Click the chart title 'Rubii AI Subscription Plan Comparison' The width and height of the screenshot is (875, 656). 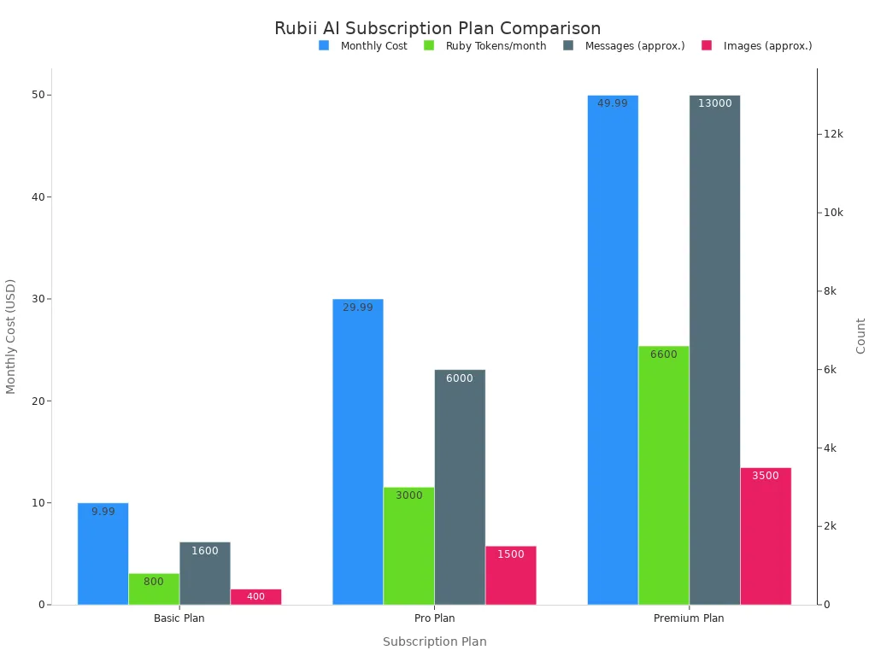click(x=437, y=28)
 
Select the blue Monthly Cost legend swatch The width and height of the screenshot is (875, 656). click(x=324, y=45)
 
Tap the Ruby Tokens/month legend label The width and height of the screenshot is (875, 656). click(x=496, y=46)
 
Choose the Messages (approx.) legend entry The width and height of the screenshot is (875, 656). click(x=624, y=46)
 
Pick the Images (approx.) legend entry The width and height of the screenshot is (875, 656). click(x=757, y=46)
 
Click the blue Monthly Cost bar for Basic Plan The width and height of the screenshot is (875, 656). click(x=103, y=553)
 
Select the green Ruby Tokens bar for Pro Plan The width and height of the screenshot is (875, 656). click(x=409, y=546)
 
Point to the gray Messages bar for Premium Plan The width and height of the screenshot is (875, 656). click(x=715, y=349)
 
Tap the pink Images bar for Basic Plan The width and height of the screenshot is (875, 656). click(x=256, y=597)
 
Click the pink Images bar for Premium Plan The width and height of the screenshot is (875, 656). click(x=766, y=536)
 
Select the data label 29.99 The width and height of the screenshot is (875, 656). click(x=358, y=307)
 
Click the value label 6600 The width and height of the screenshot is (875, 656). click(x=663, y=354)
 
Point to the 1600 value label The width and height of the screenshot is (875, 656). click(x=205, y=551)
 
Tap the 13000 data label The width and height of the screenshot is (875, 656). click(x=715, y=103)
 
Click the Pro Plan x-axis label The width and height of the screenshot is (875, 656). click(x=435, y=618)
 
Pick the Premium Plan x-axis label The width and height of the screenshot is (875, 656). click(x=689, y=618)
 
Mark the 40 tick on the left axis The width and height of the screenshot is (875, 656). click(x=38, y=197)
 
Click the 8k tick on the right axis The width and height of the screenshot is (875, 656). click(x=830, y=291)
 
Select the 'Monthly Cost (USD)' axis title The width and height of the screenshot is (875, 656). click(x=10, y=337)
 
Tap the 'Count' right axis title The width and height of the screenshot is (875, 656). click(x=860, y=336)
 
